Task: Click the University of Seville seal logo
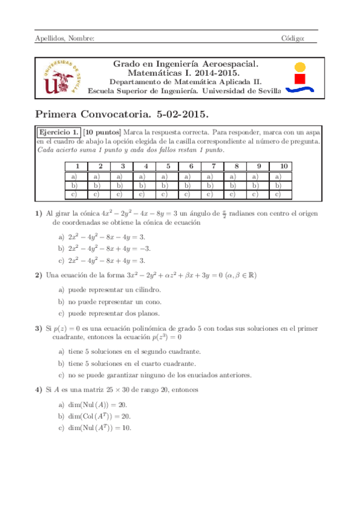pyautogui.click(x=59, y=77)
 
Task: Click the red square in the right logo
pyautogui.click(x=301, y=78)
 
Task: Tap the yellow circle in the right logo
pyautogui.click(x=301, y=66)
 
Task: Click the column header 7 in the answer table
pyautogui.click(x=212, y=167)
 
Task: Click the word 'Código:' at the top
pyautogui.click(x=293, y=38)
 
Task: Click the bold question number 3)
pyautogui.click(x=38, y=329)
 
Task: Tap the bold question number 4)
pyautogui.click(x=38, y=390)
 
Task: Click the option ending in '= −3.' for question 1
pyautogui.click(x=103, y=248)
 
